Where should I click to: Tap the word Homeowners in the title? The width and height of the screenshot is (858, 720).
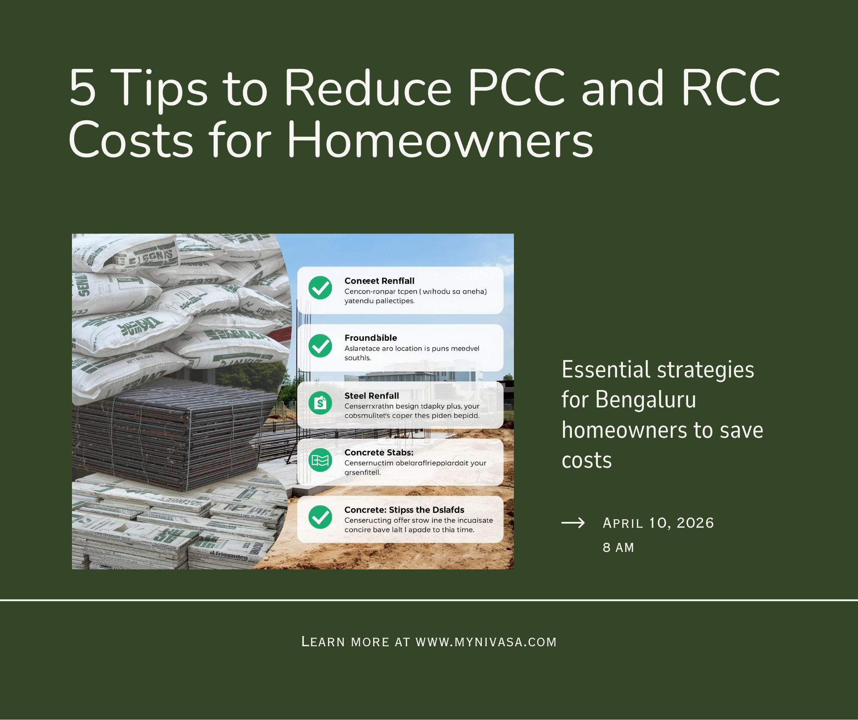440,140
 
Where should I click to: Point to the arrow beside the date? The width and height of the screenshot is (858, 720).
573,523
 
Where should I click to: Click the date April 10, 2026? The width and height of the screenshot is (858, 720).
658,523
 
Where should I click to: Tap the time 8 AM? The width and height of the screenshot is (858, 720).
618,547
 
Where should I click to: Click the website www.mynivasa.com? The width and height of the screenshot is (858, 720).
486,642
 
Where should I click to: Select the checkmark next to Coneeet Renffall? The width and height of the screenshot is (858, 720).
320,288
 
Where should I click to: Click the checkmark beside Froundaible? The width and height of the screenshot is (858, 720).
320,346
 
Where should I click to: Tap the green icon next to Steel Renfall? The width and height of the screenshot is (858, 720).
320,403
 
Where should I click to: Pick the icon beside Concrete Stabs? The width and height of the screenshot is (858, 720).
320,460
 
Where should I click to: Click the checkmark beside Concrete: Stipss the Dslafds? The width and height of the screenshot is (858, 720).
320,517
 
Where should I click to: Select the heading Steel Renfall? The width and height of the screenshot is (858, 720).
371,396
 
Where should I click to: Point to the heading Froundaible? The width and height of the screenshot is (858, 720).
370,338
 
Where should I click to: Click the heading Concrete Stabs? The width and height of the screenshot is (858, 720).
379,453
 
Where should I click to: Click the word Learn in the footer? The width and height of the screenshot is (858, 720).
323,642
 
